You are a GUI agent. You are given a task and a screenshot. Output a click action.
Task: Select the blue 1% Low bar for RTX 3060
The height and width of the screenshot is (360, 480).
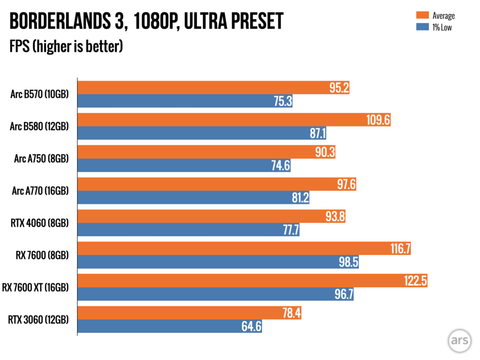(169, 326)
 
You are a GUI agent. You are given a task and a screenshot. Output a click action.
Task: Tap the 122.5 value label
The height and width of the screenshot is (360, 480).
(415, 281)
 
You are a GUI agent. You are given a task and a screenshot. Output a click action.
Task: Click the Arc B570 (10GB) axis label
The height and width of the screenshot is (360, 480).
(39, 94)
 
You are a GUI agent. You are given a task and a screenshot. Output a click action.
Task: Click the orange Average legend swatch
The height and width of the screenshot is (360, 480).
(419, 15)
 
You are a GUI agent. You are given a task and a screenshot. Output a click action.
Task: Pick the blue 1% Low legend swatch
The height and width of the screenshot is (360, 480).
(419, 27)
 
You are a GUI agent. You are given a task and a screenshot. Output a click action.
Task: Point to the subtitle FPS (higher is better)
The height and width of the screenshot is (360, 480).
(66, 46)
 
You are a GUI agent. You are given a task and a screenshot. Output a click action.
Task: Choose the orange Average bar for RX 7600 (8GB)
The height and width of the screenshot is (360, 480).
(244, 248)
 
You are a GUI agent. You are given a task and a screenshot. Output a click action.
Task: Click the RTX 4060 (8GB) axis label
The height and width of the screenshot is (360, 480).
(39, 223)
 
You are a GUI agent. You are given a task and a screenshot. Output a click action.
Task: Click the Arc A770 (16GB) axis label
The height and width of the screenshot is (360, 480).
(39, 191)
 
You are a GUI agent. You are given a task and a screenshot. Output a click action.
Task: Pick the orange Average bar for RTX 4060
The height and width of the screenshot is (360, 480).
(211, 217)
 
